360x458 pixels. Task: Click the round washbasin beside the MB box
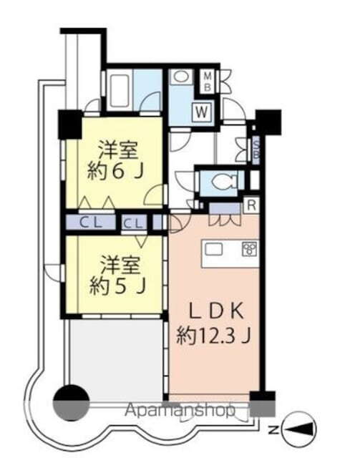pos(181,78)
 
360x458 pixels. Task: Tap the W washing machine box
pos(203,111)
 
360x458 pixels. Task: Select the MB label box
pos(206,80)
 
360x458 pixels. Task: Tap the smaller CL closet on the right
pos(132,223)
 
